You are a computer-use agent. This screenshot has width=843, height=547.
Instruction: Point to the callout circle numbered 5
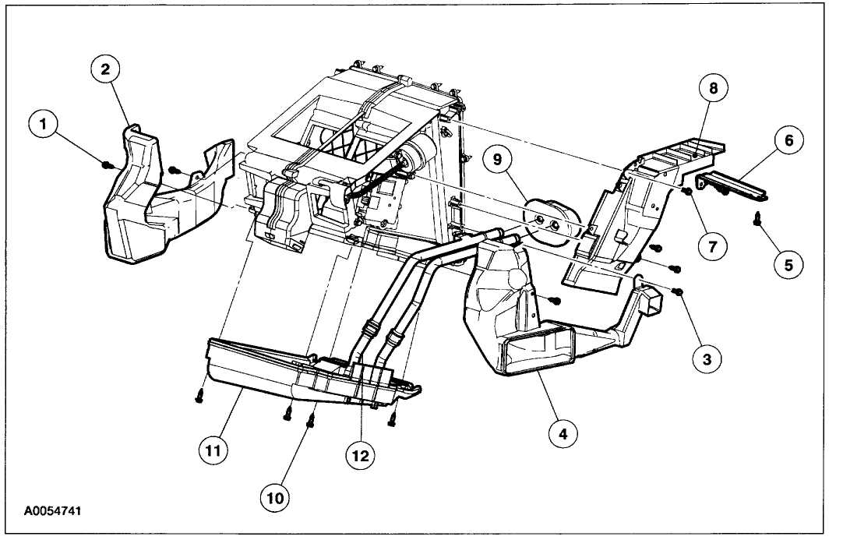[788, 265]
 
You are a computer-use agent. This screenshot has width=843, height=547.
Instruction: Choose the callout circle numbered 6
[788, 140]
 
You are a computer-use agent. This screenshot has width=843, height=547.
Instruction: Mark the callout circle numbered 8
[713, 87]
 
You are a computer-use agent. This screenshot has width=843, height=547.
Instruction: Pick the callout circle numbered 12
[361, 453]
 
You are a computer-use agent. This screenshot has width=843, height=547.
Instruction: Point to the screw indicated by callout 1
[108, 164]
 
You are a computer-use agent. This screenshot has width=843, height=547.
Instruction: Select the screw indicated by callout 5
[757, 221]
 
